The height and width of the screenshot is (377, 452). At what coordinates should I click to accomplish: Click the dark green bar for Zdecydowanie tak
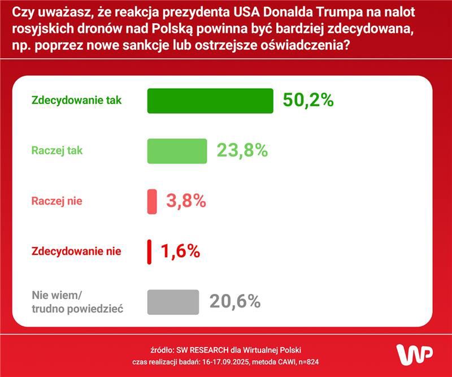(x=210, y=101)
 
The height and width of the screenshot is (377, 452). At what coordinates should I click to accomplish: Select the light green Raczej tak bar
(x=177, y=151)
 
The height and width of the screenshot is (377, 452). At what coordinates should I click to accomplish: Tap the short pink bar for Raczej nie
(x=152, y=201)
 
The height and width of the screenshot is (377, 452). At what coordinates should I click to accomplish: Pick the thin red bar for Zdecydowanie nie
(x=150, y=252)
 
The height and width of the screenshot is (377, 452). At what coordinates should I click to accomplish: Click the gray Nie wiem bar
(x=173, y=302)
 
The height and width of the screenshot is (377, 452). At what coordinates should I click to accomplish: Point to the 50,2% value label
(x=308, y=101)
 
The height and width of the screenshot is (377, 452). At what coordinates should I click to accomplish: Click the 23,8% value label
(x=242, y=150)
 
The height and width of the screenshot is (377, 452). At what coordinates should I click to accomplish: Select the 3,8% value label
(x=186, y=201)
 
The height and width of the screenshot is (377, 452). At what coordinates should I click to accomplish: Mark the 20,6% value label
(x=234, y=301)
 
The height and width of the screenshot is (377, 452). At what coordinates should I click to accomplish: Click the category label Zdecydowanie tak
(x=77, y=101)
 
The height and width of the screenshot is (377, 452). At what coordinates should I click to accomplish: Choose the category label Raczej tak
(x=61, y=150)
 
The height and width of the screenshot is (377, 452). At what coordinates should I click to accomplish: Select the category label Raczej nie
(x=60, y=201)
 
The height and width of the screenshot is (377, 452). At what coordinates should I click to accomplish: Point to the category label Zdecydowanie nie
(x=76, y=251)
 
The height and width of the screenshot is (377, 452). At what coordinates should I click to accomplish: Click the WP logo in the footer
(x=414, y=354)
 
